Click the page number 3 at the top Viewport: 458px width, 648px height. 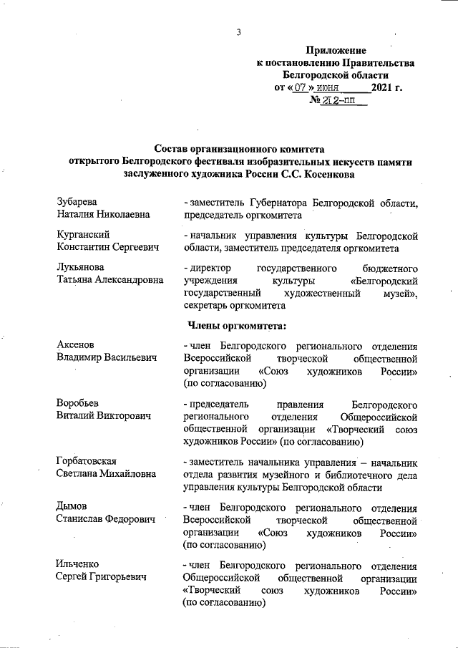(239, 32)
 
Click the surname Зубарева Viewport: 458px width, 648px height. (77, 202)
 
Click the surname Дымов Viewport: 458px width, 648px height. (72, 507)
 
